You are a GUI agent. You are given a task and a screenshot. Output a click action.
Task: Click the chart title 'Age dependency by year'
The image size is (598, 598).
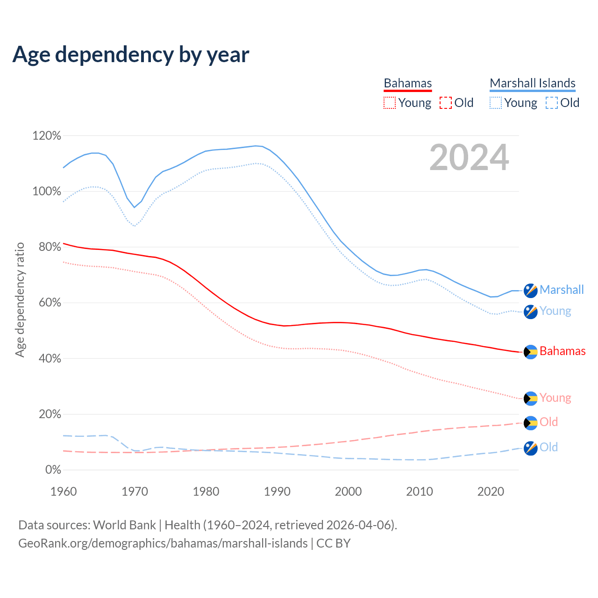(x=131, y=55)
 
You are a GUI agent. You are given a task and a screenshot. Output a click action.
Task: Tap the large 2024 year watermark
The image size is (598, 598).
(x=469, y=157)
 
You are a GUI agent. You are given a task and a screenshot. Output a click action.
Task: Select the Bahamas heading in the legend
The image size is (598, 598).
(x=408, y=83)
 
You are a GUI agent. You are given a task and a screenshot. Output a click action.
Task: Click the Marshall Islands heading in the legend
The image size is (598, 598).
(x=533, y=83)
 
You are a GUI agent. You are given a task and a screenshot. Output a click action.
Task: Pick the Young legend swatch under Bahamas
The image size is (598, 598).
(x=389, y=103)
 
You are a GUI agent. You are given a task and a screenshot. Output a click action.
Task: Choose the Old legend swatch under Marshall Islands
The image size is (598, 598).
(x=552, y=103)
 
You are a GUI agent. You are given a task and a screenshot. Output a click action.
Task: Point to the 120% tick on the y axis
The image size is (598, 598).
(x=47, y=136)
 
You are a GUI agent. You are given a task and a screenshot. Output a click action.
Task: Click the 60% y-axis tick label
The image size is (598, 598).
(x=50, y=303)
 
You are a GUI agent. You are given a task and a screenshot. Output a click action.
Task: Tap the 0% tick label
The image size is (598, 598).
(x=53, y=470)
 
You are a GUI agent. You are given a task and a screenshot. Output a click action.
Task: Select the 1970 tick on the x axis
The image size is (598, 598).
(x=135, y=491)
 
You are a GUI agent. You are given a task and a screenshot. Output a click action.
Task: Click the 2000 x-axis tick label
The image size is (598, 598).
(x=349, y=491)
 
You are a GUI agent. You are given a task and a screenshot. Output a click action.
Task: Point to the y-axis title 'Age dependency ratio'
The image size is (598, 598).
(x=20, y=299)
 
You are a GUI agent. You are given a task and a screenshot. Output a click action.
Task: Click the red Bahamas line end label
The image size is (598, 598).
(x=562, y=351)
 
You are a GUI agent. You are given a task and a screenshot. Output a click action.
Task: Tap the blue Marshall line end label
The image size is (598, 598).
(x=562, y=290)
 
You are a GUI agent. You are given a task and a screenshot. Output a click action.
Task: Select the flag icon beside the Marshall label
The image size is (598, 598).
(x=531, y=291)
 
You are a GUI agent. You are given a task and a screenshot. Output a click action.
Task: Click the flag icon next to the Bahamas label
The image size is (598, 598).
(x=531, y=352)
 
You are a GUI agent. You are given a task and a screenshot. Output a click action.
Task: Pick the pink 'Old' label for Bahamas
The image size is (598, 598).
(x=549, y=422)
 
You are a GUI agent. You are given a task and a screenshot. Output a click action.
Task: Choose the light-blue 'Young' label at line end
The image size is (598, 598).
(x=555, y=311)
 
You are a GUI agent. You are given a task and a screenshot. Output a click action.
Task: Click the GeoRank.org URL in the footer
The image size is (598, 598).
(x=163, y=543)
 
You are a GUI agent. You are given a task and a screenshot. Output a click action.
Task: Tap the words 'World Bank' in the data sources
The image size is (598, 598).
(x=124, y=525)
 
